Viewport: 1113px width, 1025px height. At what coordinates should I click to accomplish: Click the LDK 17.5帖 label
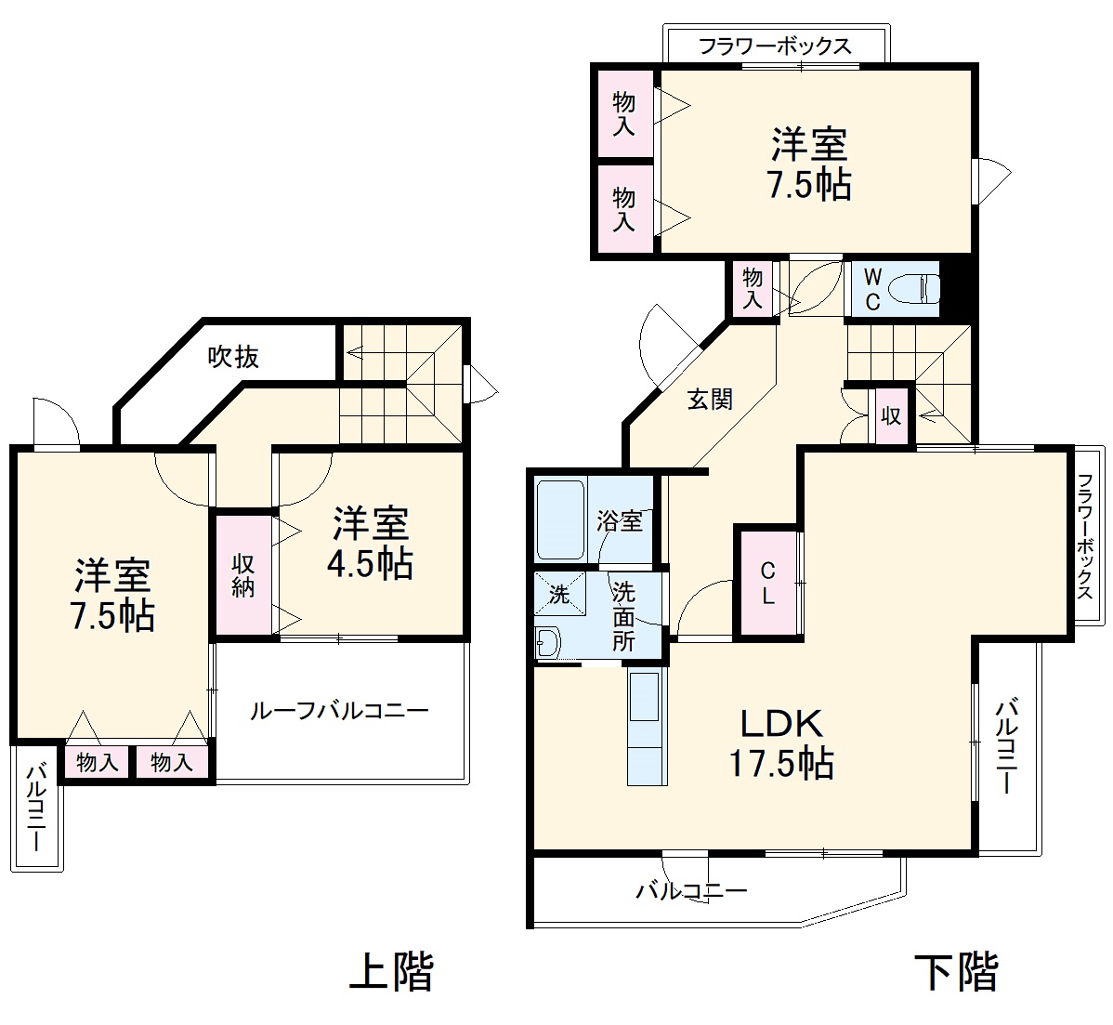780,743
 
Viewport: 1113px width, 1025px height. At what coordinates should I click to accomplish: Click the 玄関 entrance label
710,400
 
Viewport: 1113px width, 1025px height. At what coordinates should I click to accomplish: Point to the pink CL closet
767,583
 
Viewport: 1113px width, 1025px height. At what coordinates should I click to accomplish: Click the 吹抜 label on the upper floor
233,356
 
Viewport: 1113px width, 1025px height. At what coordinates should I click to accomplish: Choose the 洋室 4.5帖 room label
371,544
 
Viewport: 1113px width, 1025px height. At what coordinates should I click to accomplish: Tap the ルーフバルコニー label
338,712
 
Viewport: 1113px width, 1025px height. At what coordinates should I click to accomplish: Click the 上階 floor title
391,972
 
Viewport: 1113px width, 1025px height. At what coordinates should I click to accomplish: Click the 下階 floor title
956,972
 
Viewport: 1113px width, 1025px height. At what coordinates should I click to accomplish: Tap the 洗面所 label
623,616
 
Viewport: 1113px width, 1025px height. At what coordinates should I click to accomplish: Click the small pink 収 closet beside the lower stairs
891,415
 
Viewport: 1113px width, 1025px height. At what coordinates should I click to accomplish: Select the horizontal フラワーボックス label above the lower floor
774,46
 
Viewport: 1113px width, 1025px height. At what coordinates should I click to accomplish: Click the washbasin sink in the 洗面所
549,642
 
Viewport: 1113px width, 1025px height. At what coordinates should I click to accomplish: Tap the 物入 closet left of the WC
753,288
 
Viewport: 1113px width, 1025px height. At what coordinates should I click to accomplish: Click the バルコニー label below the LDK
691,891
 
